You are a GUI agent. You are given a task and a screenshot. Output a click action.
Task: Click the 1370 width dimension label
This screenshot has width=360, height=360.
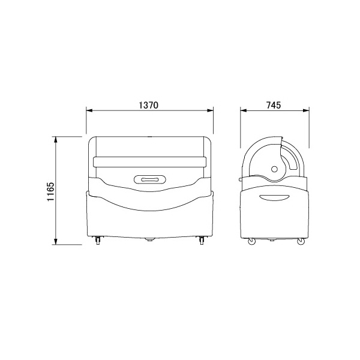(149, 105)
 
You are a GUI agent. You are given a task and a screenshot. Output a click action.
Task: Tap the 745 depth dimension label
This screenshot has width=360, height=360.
(274, 105)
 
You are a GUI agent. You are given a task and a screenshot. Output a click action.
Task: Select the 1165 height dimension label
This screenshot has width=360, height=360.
(50, 191)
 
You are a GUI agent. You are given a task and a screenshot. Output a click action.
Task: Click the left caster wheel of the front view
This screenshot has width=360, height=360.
(98, 241)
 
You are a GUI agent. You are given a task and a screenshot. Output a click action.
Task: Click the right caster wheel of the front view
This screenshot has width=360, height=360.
(202, 241)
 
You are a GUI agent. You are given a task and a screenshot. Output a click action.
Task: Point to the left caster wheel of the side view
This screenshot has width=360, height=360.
(251, 242)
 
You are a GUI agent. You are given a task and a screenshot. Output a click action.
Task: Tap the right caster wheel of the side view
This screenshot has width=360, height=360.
(301, 242)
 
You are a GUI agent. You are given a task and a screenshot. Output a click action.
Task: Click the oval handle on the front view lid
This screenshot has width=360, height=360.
(150, 179)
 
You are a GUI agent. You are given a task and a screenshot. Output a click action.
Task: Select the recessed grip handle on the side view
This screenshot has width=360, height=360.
(274, 197)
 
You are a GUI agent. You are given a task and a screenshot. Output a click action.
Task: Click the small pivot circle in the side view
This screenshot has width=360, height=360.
(274, 169)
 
